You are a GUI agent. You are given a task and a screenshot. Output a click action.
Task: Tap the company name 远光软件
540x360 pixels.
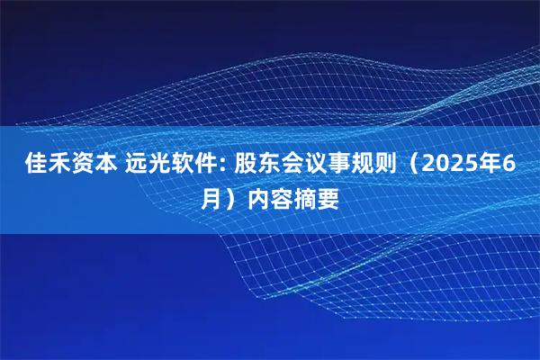[174, 166]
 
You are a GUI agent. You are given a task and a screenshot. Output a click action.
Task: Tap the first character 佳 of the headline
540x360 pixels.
[31, 166]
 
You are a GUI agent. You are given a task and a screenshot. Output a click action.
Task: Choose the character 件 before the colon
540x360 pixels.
[213, 166]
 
